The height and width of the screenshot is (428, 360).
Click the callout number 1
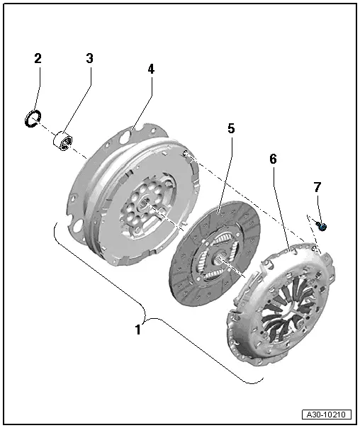[140, 329]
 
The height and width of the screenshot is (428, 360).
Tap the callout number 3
[90, 58]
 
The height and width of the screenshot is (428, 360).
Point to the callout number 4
[150, 69]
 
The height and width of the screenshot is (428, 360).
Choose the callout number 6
[273, 159]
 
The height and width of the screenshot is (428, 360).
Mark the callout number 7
[317, 187]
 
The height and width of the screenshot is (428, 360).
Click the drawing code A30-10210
[327, 415]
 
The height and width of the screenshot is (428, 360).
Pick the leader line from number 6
[281, 205]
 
